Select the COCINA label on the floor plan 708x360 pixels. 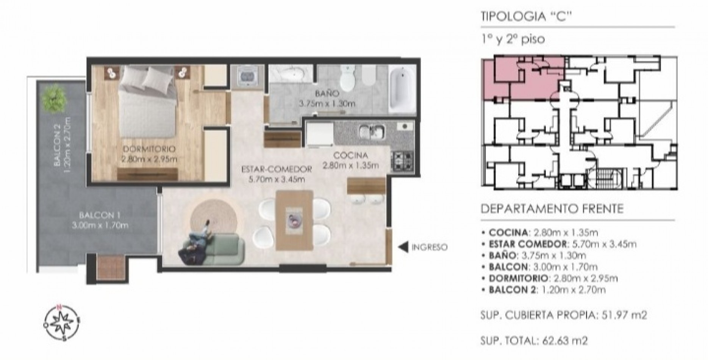(x=350, y=155)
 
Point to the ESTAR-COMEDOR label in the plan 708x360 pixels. (x=277, y=169)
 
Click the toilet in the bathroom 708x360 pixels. (x=347, y=76)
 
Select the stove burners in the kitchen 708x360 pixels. (x=402, y=162)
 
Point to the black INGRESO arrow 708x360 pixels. (x=403, y=247)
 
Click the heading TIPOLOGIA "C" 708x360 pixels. (x=525, y=17)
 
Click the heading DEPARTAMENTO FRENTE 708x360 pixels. (x=552, y=209)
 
